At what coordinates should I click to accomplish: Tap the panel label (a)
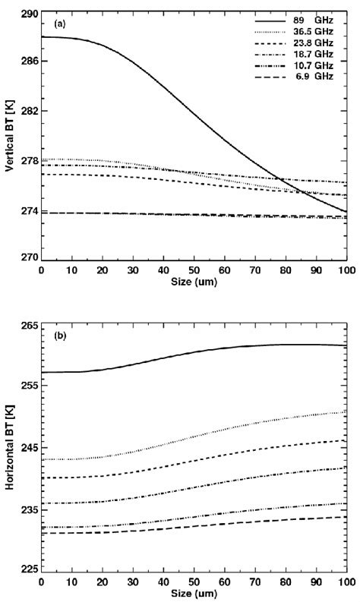[58, 24]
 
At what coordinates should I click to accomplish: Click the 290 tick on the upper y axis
[28, 15]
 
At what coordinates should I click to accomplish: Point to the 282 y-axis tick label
[28, 111]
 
